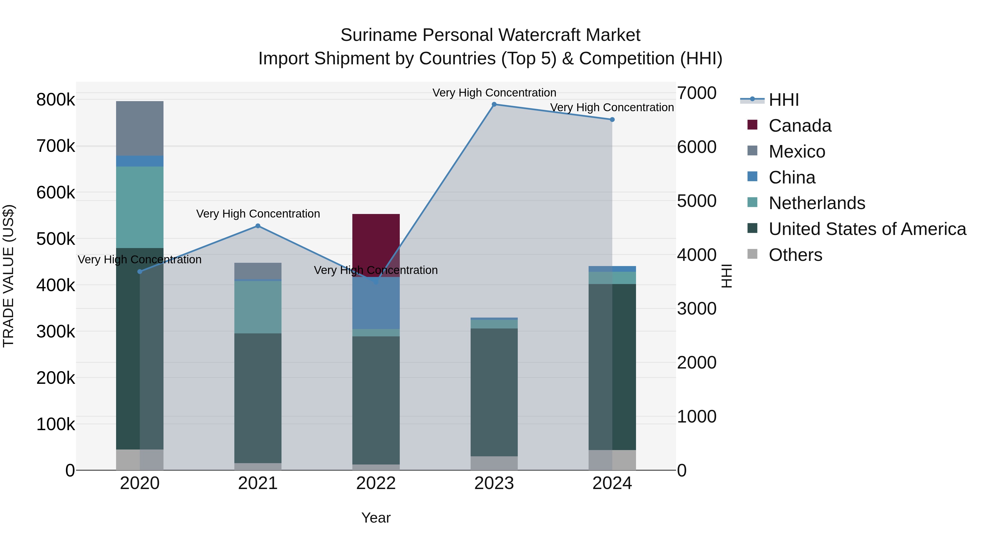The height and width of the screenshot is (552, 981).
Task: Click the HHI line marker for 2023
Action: tap(494, 104)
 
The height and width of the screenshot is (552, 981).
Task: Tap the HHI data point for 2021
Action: tap(258, 226)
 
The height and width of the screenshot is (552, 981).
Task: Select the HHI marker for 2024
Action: tap(612, 120)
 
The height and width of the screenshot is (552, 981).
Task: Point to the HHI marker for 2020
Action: tap(140, 272)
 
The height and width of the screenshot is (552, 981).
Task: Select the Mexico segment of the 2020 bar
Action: tap(140, 128)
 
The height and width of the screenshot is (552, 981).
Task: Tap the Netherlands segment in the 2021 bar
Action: tap(258, 307)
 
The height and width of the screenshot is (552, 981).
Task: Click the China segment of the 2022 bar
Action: tap(376, 303)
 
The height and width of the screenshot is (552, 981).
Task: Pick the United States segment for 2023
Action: tap(494, 392)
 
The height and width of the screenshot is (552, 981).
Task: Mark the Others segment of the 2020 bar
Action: tap(140, 460)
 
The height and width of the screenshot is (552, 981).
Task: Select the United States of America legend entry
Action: tap(867, 229)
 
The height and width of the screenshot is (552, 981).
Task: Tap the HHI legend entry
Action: tap(783, 100)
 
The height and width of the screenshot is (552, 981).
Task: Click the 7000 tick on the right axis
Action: tap(697, 93)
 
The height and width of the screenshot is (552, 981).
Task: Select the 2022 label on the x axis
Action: tap(376, 483)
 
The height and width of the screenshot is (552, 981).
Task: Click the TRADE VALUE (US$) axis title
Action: tap(9, 276)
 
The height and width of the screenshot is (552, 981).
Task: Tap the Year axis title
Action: tap(376, 518)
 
